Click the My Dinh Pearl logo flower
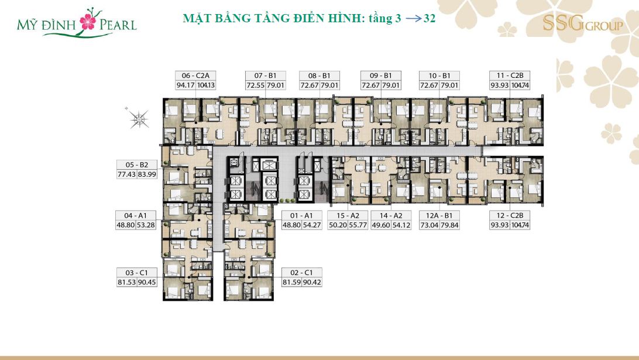88,21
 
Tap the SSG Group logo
583,23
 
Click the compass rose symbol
139,119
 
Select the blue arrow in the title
413,19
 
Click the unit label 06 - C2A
195,76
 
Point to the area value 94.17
185,85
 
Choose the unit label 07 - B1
265,76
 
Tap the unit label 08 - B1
319,76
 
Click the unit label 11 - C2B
510,76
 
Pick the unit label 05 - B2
137,164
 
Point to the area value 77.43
126,174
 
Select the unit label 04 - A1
136,215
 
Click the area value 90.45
147,282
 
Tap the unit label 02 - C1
301,272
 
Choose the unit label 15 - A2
348,215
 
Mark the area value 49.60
380,225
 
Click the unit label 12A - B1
439,215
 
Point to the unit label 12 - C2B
510,215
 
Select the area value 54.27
312,225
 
